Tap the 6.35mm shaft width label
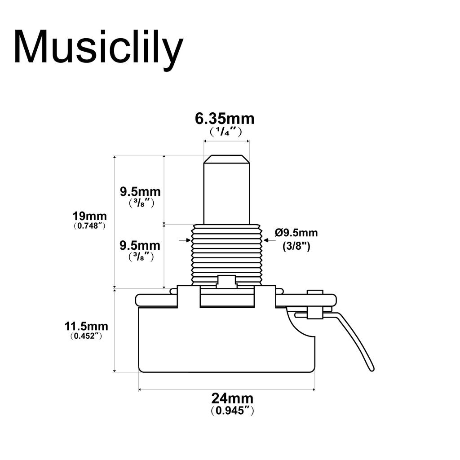pos(225,119)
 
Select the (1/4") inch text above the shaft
pos(226,132)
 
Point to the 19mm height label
pos(90,216)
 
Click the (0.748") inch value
pos(90,226)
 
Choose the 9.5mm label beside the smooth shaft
pos(140,192)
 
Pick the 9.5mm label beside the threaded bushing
pos(140,246)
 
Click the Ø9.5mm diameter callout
pos(296,233)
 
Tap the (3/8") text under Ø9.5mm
pos(296,246)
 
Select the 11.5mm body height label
pos(86,326)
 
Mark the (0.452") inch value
pos(86,336)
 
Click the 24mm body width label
pos(232,398)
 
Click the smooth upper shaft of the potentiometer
pos(226,193)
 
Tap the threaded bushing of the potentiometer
pos(226,254)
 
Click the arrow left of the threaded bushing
pos(185,240)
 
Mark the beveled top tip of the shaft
pos(226,159)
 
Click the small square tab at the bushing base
pos(226,282)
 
